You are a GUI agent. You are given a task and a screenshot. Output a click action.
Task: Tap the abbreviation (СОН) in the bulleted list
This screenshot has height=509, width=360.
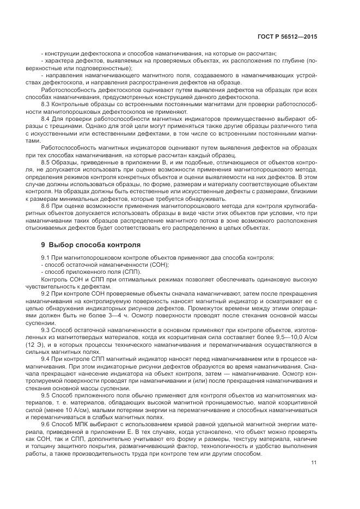click(x=158, y=265)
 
